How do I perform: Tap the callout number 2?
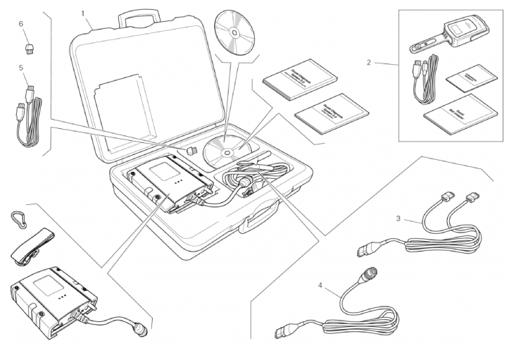click(368, 62)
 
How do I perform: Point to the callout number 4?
click(320, 286)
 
